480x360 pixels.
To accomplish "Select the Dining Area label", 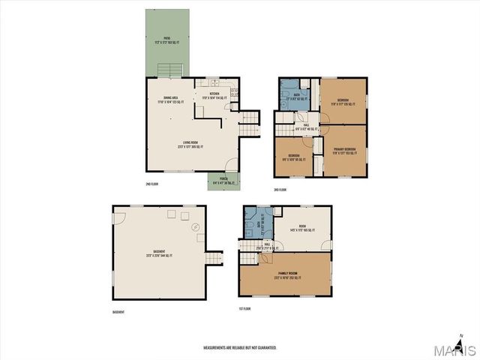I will [169, 98].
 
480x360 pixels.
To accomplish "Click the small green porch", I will [223, 181].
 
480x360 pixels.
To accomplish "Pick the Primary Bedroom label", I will [344, 151].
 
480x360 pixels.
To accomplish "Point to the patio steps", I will [169, 70].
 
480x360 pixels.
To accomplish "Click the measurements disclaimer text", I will [240, 347].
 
